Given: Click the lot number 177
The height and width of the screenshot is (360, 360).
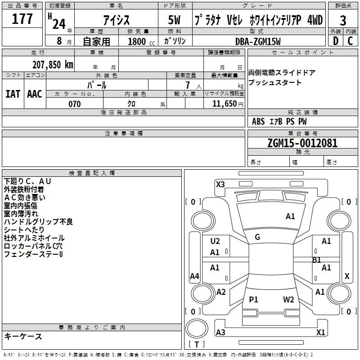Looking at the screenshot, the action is click(22, 19).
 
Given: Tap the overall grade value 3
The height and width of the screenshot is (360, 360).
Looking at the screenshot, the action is click(343, 21).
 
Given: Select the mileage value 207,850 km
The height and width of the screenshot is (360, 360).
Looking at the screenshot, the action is click(53, 64).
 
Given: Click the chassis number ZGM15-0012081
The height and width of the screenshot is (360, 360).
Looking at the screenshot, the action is click(302, 143).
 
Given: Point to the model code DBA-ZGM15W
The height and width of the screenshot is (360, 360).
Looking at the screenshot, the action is click(258, 41).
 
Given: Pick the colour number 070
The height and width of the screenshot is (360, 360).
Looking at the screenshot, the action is click(74, 104).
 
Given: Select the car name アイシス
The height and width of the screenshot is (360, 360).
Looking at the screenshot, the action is click(116, 20).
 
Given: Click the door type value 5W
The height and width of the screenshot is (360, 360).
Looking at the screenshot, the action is click(174, 20).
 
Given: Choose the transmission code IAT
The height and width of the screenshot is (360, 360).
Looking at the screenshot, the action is click(13, 94).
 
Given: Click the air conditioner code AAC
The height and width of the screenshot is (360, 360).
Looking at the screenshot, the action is click(35, 94).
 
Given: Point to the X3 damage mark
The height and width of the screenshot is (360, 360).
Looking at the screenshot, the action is click(220, 184).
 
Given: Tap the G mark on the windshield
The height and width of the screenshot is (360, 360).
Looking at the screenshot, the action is click(257, 237).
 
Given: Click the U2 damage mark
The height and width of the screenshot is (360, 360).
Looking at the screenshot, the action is click(215, 241).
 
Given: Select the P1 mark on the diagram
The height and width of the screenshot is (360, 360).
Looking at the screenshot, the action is click(253, 300).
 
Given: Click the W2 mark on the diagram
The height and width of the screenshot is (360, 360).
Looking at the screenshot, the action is click(288, 300).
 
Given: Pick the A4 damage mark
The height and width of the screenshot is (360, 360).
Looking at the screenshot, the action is click(194, 276).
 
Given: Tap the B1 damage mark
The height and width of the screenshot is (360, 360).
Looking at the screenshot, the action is click(317, 260).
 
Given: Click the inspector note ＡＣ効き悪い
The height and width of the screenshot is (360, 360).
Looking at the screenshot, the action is click(25, 197).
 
